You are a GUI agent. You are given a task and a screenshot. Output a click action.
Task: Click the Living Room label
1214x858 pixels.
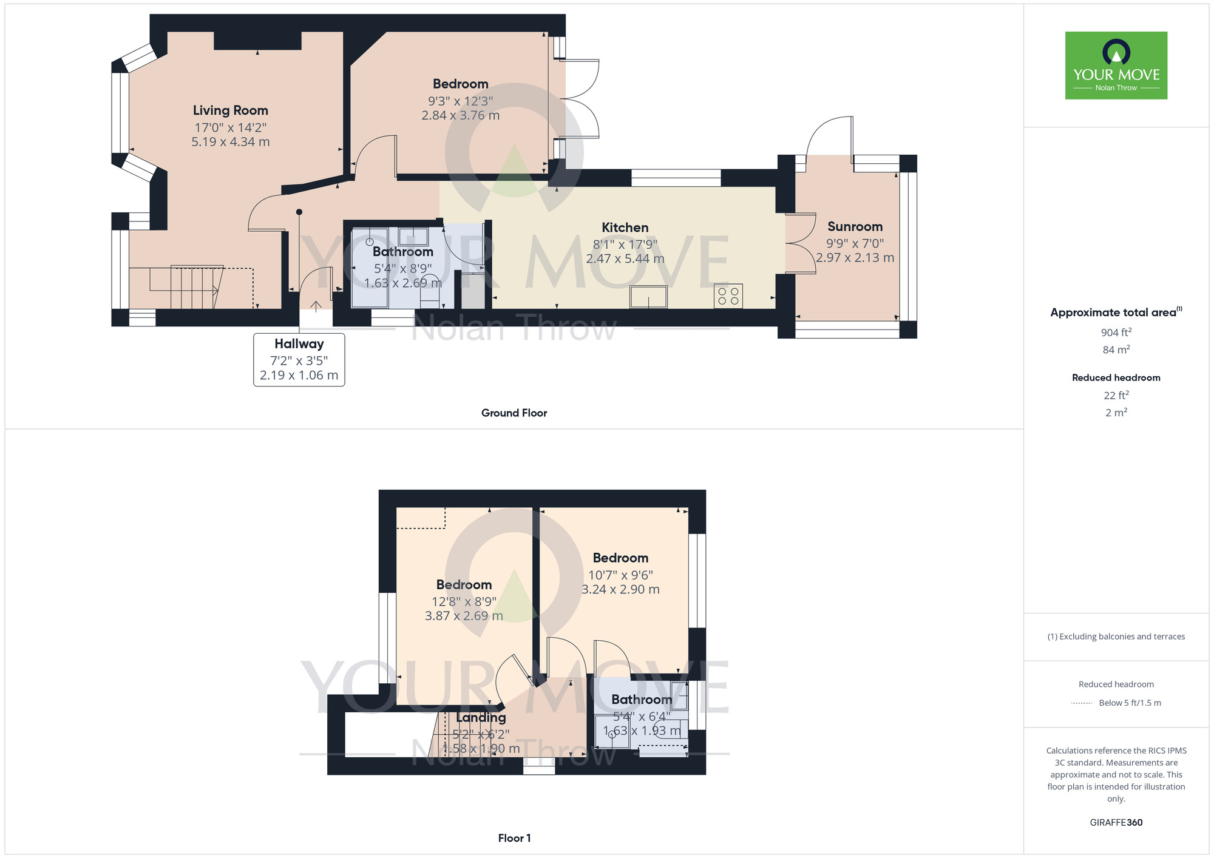pyautogui.click(x=230, y=110)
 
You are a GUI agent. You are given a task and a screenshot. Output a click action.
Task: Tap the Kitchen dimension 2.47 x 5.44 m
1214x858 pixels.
pyautogui.click(x=625, y=259)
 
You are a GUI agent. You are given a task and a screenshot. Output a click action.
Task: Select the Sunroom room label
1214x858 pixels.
pyautogui.click(x=855, y=226)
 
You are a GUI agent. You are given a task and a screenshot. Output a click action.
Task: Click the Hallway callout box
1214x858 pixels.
pyautogui.click(x=299, y=359)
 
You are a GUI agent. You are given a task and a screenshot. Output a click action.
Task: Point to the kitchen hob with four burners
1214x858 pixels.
pyautogui.click(x=728, y=296)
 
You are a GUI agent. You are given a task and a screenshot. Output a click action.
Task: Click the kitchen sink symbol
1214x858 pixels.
pyautogui.click(x=648, y=297)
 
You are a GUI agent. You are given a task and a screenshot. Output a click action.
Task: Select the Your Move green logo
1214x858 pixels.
pyautogui.click(x=1116, y=66)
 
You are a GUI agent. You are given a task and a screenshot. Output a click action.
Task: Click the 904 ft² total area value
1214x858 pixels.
pyautogui.click(x=1116, y=333)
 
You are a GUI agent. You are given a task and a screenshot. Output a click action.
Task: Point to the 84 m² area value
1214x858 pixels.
pyautogui.click(x=1116, y=350)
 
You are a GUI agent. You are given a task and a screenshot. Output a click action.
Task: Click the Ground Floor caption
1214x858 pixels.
pyautogui.click(x=514, y=413)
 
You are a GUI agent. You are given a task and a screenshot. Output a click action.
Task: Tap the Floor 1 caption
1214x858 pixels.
pyautogui.click(x=514, y=838)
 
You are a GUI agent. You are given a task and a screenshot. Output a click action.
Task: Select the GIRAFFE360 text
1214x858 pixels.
pyautogui.click(x=1116, y=823)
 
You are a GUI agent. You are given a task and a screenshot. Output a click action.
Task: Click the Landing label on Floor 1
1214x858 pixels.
pyautogui.click(x=481, y=717)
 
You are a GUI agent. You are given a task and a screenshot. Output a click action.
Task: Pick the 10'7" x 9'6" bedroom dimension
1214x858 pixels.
pyautogui.click(x=620, y=575)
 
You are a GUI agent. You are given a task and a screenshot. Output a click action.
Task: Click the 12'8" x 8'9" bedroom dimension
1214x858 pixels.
pyautogui.click(x=464, y=601)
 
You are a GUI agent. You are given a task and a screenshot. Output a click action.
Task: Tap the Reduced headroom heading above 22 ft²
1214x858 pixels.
pyautogui.click(x=1116, y=377)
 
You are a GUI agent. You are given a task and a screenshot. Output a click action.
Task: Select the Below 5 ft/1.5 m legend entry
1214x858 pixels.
pyautogui.click(x=1129, y=703)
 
